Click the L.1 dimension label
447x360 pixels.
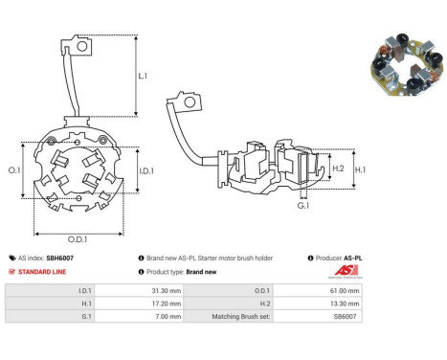[x=143, y=76]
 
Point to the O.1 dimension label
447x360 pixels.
[x=14, y=170]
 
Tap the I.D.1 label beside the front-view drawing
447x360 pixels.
[x=146, y=171]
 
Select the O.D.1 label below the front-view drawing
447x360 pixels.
[x=78, y=239]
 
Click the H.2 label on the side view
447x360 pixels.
[x=338, y=169]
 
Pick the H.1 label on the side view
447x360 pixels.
[x=360, y=169]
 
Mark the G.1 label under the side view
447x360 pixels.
[x=303, y=206]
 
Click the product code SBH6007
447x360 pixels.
[x=59, y=258]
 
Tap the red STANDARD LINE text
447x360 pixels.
[x=42, y=272]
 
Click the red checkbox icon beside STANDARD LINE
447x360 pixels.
[x=11, y=272]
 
